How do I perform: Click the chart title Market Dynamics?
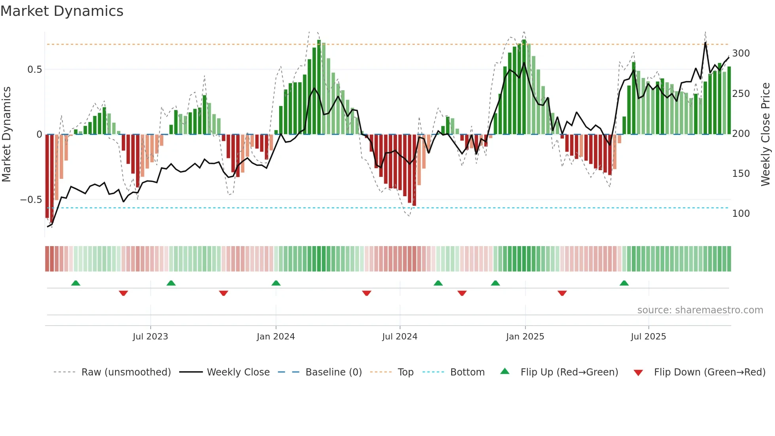[62, 11]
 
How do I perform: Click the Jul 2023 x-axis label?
[150, 337]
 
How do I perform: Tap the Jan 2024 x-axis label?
[276, 337]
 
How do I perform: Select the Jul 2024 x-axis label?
[400, 337]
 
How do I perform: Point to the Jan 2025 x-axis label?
[525, 337]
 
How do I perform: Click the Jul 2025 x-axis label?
[648, 337]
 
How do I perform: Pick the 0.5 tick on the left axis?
[34, 70]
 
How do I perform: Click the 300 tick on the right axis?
[741, 53]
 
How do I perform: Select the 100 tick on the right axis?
[741, 214]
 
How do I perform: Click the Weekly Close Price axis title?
[766, 135]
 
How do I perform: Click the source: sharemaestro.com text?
[700, 310]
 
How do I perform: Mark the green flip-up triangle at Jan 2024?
[276, 283]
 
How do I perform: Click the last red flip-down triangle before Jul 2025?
[562, 293]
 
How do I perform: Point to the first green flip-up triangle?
[76, 283]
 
